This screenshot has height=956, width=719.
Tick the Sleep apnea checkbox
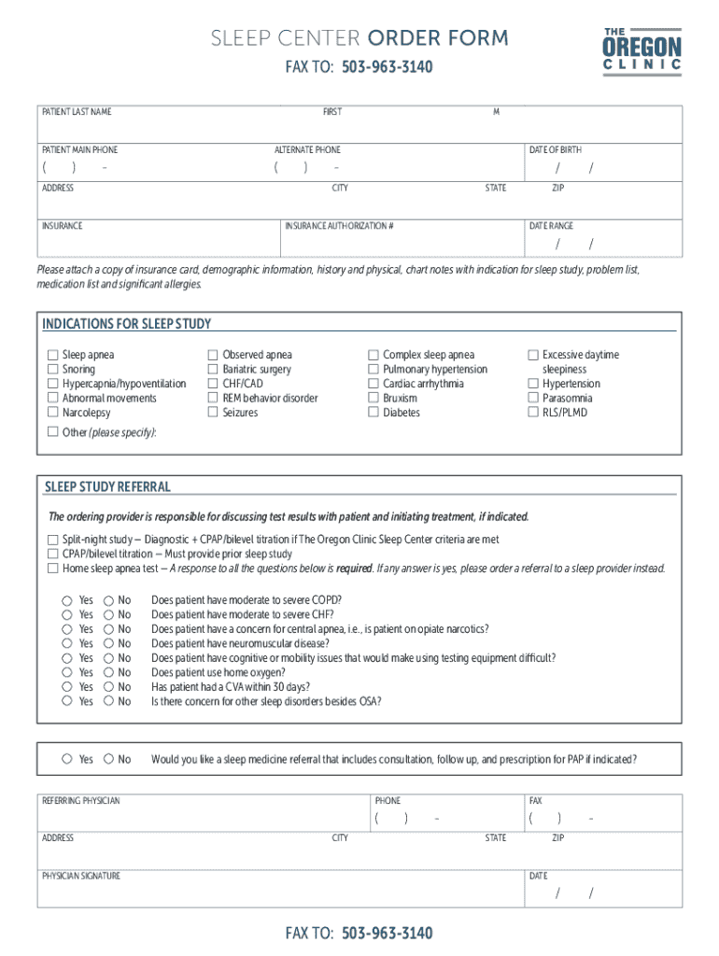53,355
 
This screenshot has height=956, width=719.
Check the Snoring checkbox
53,370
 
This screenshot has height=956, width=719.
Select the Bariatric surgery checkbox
213,370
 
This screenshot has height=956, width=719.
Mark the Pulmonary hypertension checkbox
374,370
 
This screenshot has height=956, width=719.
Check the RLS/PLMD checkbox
534,413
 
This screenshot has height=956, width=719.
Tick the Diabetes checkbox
374,413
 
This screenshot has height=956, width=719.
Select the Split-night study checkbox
53,540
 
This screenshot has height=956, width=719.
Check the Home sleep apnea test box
53,568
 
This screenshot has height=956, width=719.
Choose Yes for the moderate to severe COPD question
67,600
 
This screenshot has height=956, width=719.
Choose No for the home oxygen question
108,672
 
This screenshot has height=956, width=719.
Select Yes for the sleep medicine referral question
67,759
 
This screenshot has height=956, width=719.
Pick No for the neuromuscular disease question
108,643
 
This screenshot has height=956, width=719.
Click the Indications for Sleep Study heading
127,324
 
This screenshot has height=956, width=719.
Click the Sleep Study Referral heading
107,487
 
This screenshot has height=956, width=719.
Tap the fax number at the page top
387,68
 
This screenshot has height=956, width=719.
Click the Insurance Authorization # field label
339,226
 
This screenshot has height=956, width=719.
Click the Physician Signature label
81,876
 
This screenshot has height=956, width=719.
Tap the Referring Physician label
81,800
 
